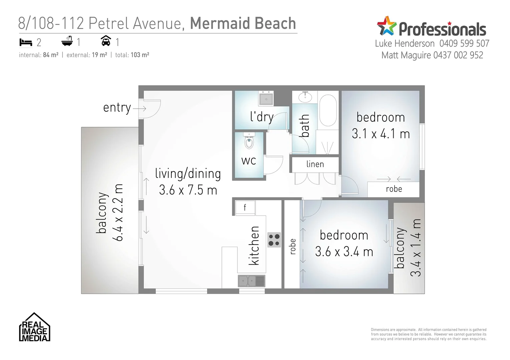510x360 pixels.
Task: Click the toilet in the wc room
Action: (x=249, y=142)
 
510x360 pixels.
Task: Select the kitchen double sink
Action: (x=251, y=281)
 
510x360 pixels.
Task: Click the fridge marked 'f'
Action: (x=245, y=208)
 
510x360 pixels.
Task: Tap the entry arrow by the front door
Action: (x=139, y=108)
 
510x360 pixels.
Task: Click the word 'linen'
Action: (x=315, y=164)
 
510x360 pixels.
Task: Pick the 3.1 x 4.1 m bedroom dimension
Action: (x=381, y=134)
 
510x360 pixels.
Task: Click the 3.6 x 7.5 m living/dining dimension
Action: (x=188, y=190)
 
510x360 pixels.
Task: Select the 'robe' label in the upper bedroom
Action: (x=394, y=189)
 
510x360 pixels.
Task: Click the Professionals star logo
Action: (x=387, y=26)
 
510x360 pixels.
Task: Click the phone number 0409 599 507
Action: (x=464, y=43)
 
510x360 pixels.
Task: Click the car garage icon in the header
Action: (x=106, y=41)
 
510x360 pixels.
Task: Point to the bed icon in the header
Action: (x=26, y=42)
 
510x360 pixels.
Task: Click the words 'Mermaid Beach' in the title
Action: (x=243, y=24)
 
